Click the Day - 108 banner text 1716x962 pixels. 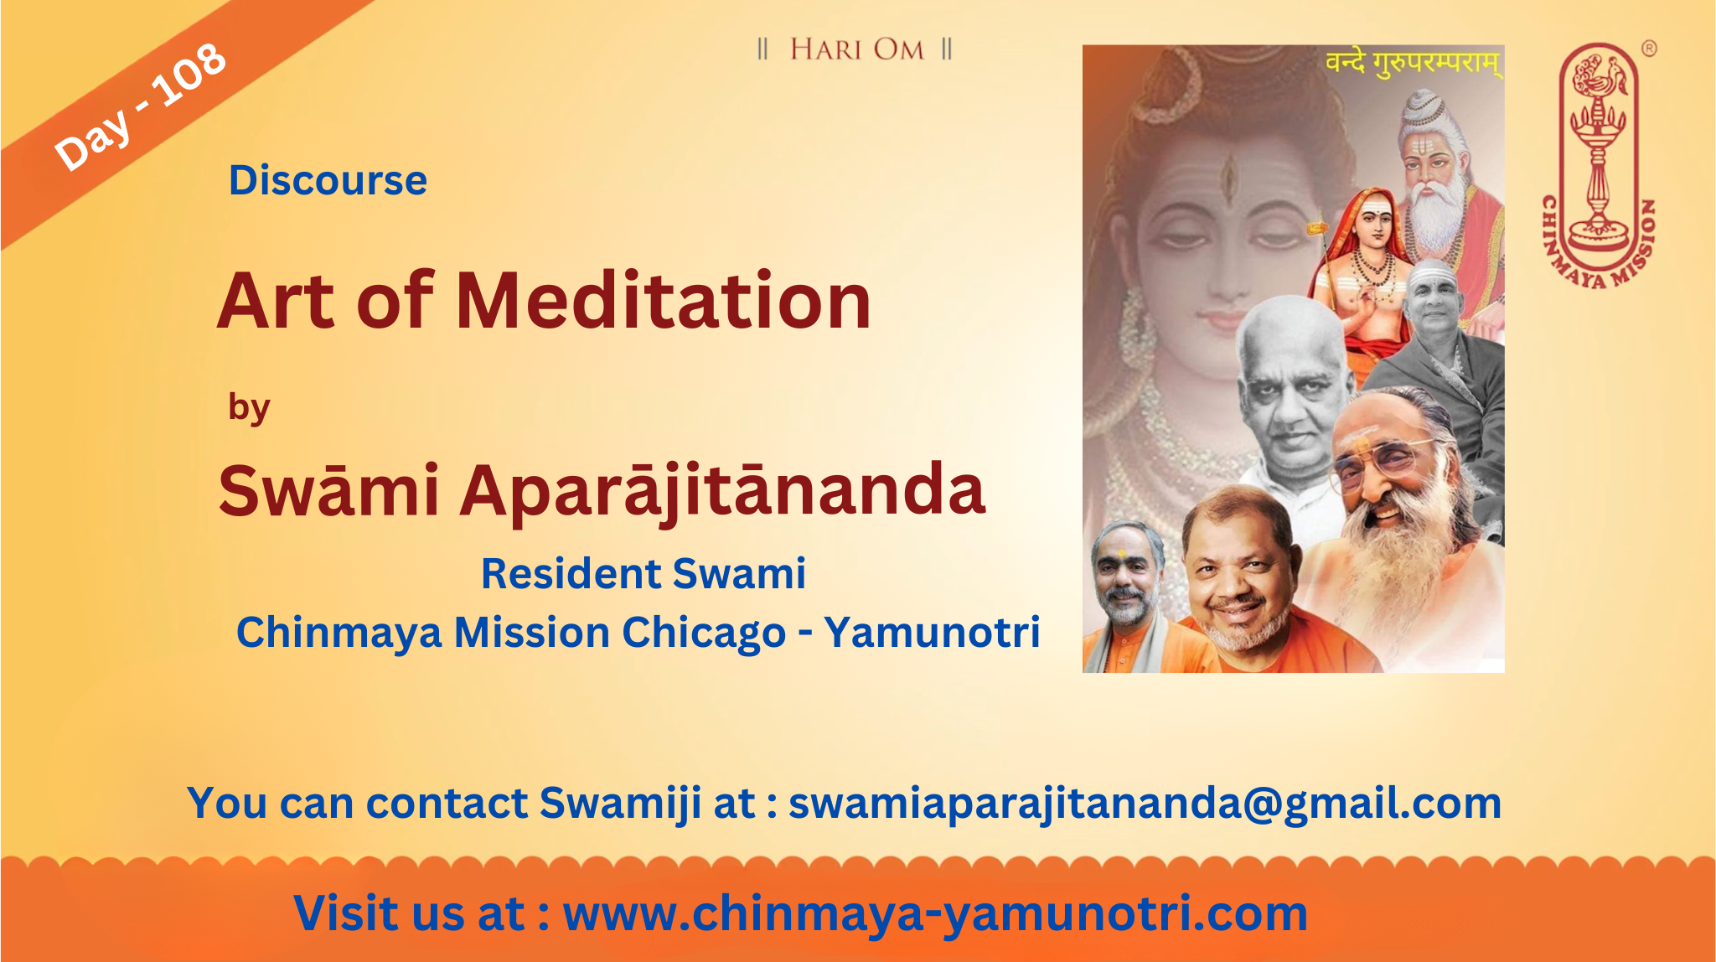point(140,106)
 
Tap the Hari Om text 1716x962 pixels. point(856,49)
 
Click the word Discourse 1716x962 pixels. point(328,180)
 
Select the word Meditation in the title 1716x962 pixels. point(664,301)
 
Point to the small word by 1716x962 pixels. point(249,408)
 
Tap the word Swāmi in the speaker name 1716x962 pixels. point(328,490)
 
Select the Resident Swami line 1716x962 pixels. point(643,574)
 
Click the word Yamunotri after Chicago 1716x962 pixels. point(932,632)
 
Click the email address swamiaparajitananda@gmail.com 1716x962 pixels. point(1145,804)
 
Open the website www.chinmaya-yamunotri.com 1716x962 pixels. point(935,914)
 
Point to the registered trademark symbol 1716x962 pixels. point(1649,49)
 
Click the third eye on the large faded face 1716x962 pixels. point(1229,175)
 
